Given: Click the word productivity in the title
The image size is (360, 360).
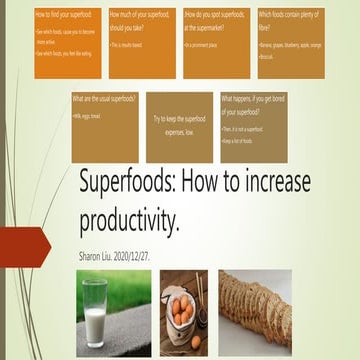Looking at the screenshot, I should point(130,219).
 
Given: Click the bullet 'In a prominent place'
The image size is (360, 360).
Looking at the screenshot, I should point(204,45).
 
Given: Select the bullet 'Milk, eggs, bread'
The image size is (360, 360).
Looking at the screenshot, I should point(91,115).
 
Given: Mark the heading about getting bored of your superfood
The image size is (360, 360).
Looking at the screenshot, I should point(257,104).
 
